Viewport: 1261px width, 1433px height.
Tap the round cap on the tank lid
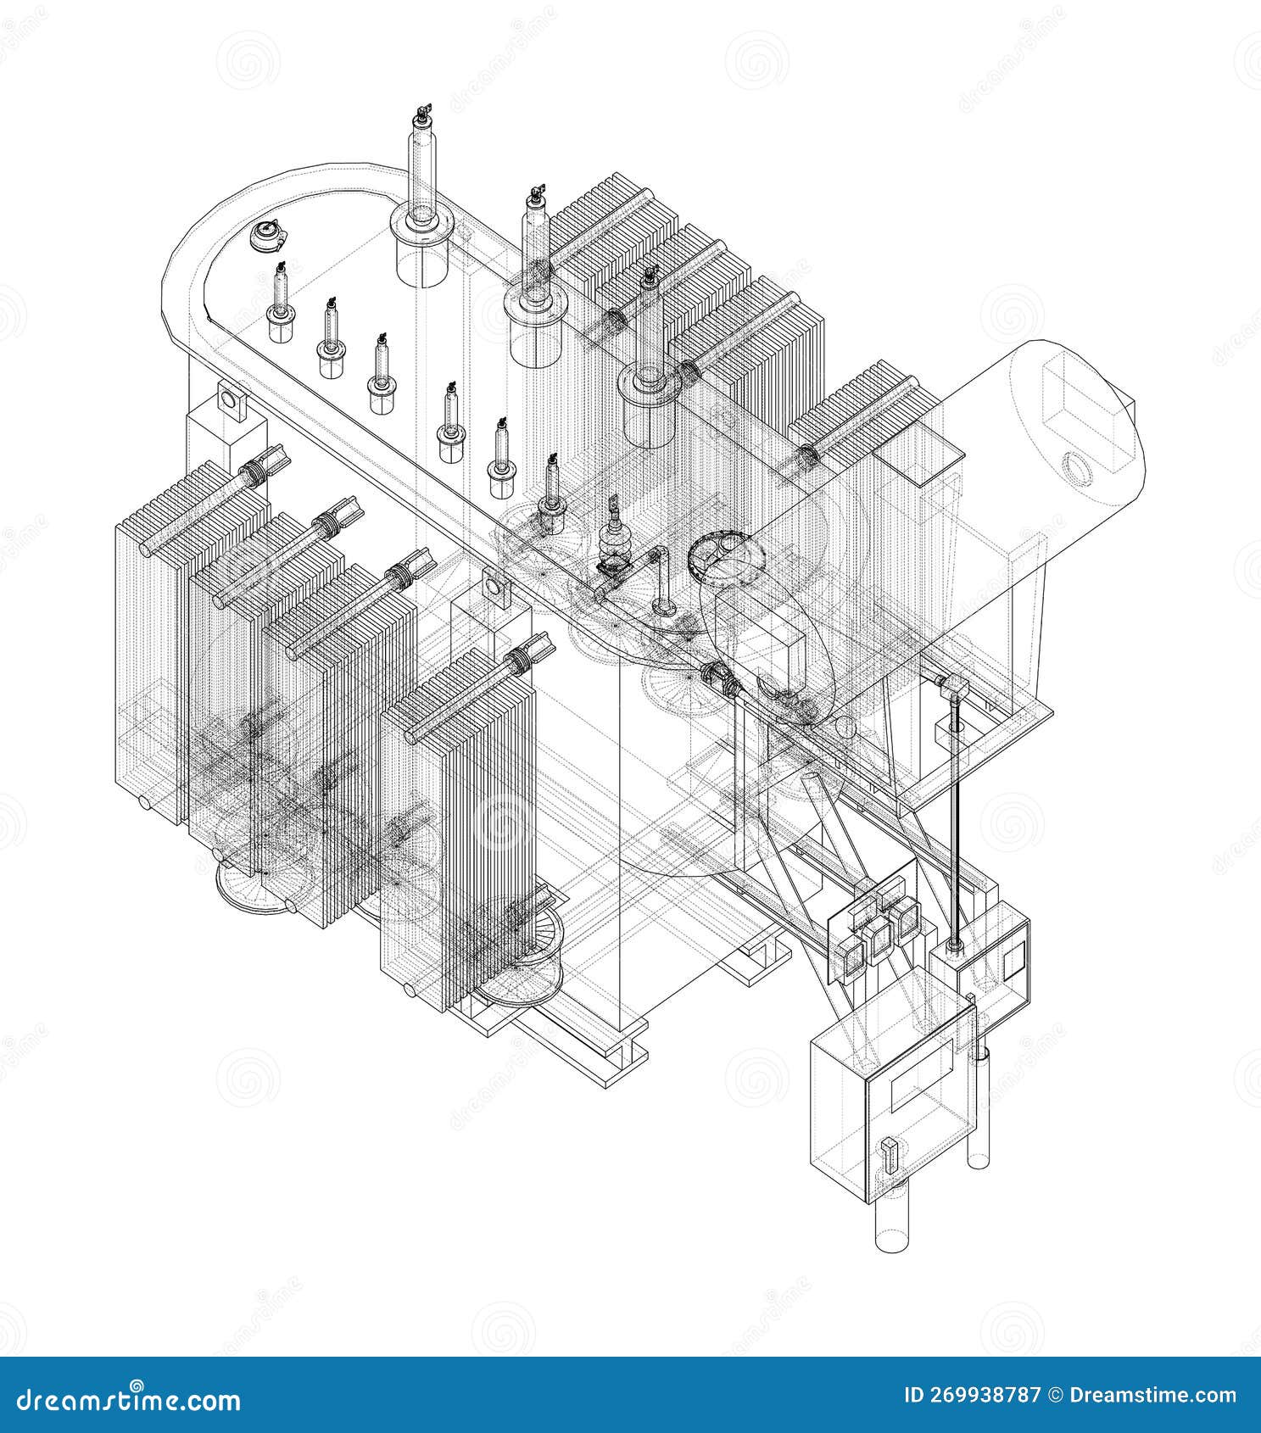click(x=268, y=235)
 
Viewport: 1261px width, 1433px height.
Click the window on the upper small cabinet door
click(x=1013, y=962)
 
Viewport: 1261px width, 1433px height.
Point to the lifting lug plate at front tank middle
click(x=492, y=586)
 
